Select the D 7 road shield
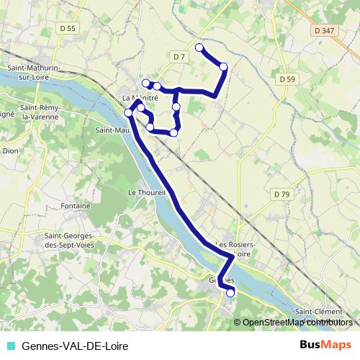pos(179,56)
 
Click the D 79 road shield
pos(281,194)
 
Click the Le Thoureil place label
pos(147,193)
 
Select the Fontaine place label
pos(76,206)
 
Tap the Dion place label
pos(11,151)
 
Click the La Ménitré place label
pos(140,98)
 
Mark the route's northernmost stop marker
pos(199,48)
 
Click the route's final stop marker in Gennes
pos(230,292)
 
